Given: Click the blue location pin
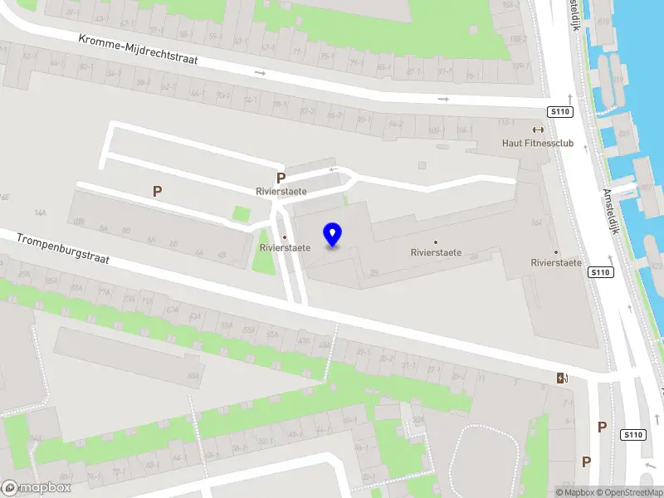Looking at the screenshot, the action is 333,235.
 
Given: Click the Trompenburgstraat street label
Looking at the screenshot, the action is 62,249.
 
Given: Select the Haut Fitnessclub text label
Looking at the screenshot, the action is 538,143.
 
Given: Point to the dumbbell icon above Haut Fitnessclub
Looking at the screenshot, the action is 538,129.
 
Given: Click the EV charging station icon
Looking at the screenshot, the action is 563,378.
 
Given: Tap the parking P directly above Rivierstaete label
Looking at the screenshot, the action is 281,178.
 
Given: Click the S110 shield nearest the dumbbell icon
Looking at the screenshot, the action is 558,111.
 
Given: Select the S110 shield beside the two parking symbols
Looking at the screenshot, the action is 633,435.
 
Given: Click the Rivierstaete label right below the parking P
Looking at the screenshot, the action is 281,191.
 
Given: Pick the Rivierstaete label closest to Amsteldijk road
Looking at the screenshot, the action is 555,263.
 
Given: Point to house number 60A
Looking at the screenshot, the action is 193,376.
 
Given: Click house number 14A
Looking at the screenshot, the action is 39,213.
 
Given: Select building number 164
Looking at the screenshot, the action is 536,222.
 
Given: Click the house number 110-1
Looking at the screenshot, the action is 506,122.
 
